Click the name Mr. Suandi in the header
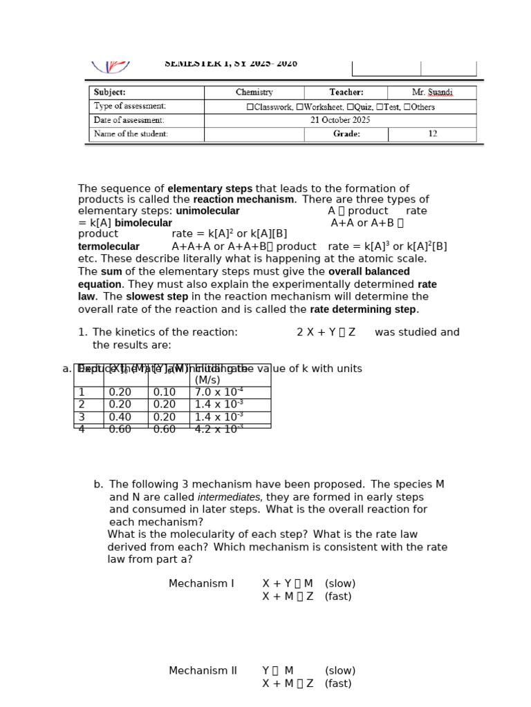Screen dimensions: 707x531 (432, 93)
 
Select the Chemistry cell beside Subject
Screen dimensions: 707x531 (254, 93)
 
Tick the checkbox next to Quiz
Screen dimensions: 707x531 (350, 107)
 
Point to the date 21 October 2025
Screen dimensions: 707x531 (340, 120)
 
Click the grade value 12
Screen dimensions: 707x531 (432, 134)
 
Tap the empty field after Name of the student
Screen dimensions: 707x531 (254, 134)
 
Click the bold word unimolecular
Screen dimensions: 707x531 (207, 211)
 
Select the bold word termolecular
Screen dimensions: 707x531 (109, 246)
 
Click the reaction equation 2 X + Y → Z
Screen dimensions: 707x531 (326, 332)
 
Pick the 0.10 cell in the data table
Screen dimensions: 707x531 (165, 392)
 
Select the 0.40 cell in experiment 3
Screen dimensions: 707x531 (120, 417)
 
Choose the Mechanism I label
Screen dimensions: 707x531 (201, 584)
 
